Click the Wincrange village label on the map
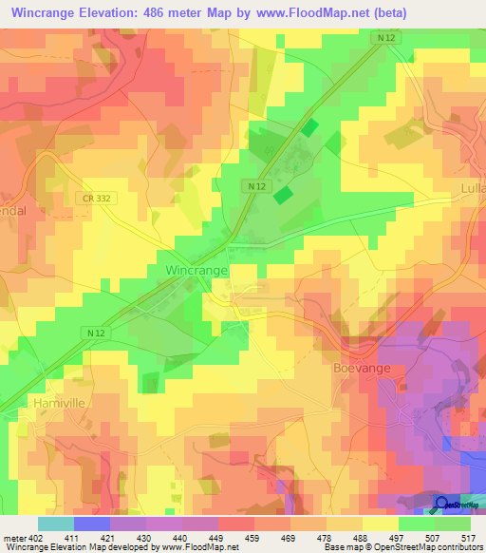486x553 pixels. [x=197, y=271]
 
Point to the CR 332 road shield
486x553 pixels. [x=95, y=197]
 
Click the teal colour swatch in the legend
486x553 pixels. [x=55, y=524]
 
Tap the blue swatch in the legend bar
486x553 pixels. [x=91, y=524]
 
